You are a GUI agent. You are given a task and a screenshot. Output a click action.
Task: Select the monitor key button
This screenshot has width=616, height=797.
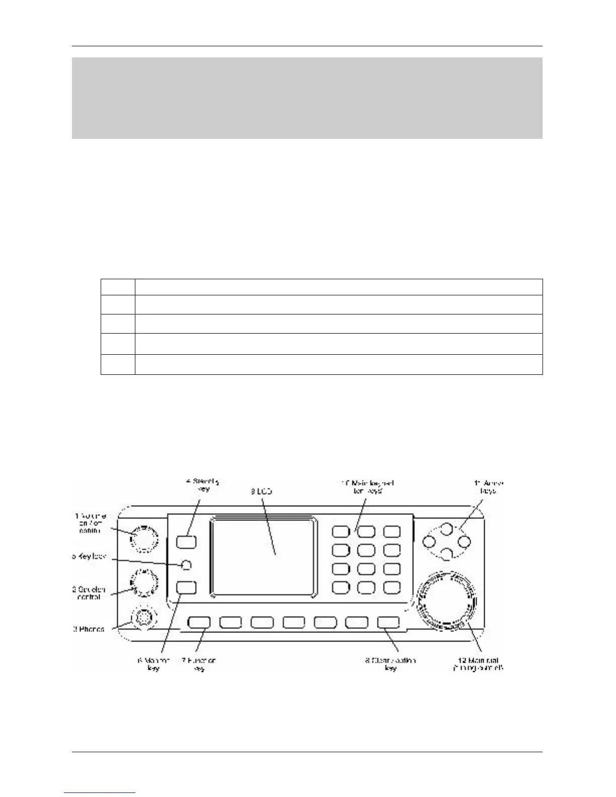tap(186, 587)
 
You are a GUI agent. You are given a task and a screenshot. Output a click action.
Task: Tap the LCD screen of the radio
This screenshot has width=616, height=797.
tap(264, 556)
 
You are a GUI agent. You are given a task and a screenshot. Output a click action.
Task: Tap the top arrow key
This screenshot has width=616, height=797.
tap(446, 529)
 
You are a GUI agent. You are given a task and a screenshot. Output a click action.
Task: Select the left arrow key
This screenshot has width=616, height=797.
tap(428, 541)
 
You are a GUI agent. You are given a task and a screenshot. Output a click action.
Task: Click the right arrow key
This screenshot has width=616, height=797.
tap(464, 541)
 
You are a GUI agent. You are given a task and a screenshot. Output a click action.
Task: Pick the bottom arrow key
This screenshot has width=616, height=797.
tap(446, 554)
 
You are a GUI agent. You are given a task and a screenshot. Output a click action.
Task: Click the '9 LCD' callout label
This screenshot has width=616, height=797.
tap(261, 491)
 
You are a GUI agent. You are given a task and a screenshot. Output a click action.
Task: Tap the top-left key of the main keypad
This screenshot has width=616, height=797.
tap(341, 531)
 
